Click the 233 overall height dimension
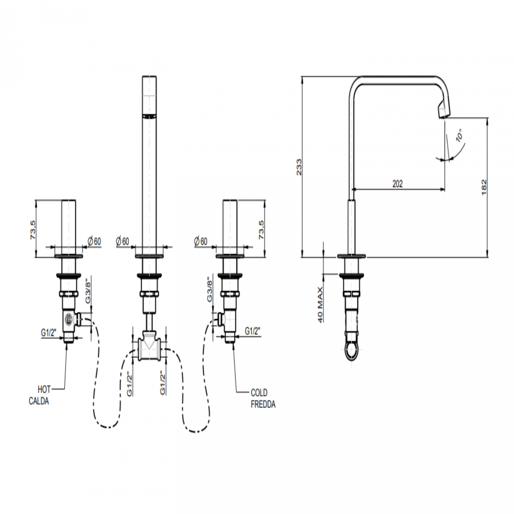pyautogui.click(x=299, y=167)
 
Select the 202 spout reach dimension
pyautogui.click(x=397, y=184)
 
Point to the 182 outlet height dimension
pyautogui.click(x=484, y=187)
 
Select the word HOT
pyautogui.click(x=44, y=389)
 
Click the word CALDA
pyautogui.click(x=39, y=401)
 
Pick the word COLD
pyautogui.click(x=259, y=393)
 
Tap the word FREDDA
pyautogui.click(x=263, y=404)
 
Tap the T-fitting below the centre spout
pyautogui.click(x=149, y=347)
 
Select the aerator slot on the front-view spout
pyautogui.click(x=149, y=116)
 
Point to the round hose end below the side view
pyautogui.click(x=351, y=351)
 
